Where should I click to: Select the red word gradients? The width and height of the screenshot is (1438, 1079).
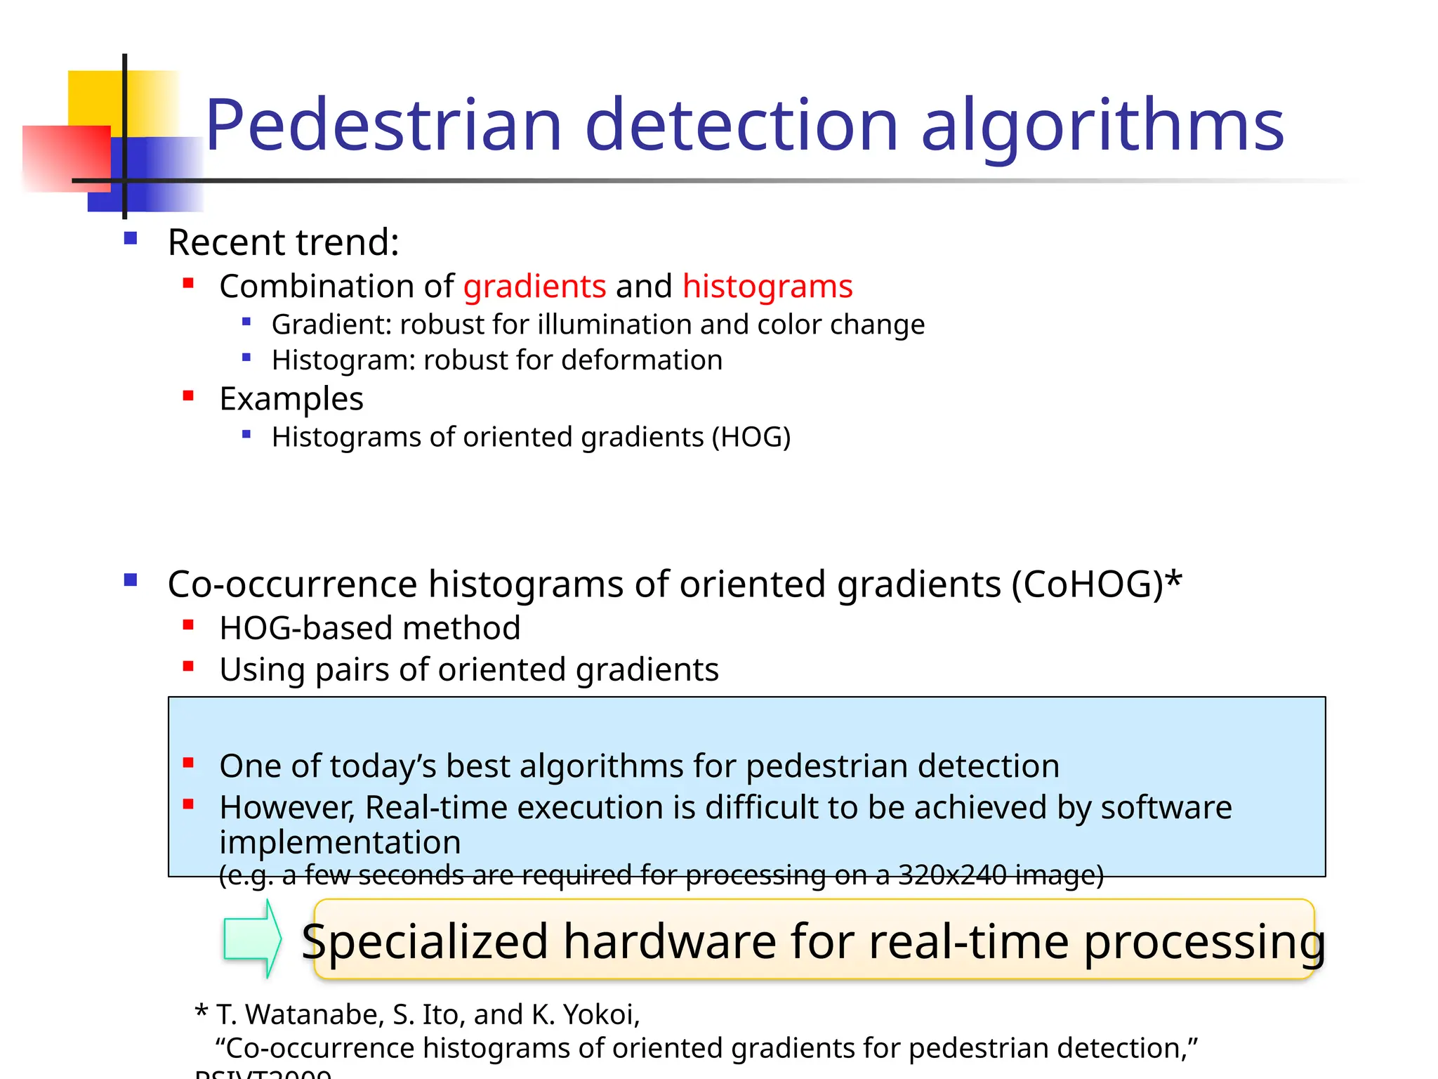(534, 287)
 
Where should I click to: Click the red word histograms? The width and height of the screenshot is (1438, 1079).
(767, 287)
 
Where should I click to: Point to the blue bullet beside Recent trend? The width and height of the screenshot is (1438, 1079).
(131, 239)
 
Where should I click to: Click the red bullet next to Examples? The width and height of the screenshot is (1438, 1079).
(188, 396)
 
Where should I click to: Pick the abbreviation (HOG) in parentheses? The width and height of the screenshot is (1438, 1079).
(751, 437)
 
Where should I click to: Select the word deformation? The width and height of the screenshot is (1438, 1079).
(642, 360)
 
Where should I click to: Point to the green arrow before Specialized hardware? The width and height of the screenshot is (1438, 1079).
(251, 939)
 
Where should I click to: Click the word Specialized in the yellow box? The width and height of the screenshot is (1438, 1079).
(425, 941)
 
